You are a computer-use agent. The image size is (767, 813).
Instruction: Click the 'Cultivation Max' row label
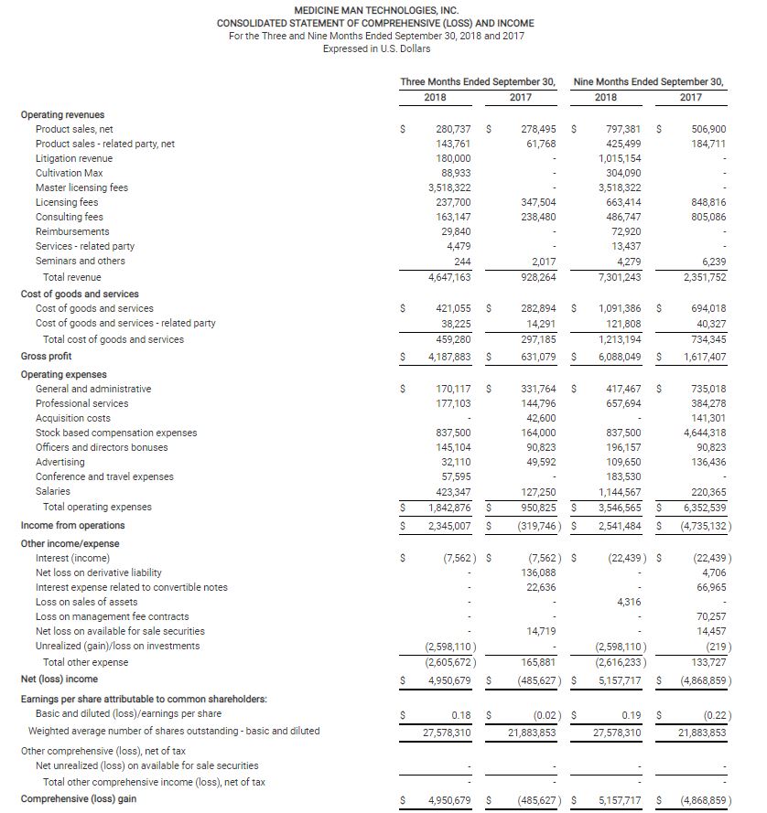[x=69, y=173]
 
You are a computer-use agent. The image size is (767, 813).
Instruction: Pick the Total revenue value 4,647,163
[x=449, y=277]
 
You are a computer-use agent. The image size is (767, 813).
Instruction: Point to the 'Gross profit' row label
[x=46, y=356]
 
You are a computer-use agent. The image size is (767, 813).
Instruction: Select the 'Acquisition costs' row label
[x=73, y=418]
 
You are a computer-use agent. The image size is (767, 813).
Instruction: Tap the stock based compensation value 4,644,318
[x=705, y=433]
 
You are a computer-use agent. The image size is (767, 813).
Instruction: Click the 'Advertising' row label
[x=60, y=462]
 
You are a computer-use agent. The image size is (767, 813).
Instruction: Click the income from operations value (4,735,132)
[x=703, y=525]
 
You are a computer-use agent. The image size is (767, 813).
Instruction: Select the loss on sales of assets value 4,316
[x=627, y=602]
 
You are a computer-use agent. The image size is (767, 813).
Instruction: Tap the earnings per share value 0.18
[x=462, y=713]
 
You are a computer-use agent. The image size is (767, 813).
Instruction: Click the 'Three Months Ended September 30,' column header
[x=478, y=81]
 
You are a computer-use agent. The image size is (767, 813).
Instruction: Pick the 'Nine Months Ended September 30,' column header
[x=648, y=81]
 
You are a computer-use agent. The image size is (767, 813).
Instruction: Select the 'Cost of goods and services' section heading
[x=80, y=294]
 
